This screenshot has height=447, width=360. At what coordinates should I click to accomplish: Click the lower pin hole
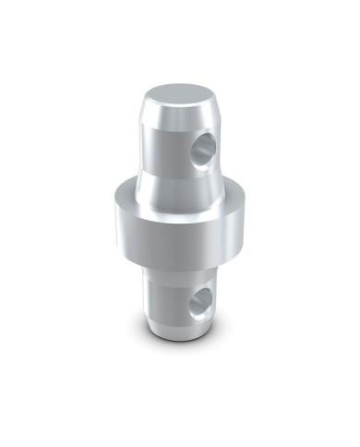199,301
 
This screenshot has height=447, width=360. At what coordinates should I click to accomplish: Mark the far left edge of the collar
109,222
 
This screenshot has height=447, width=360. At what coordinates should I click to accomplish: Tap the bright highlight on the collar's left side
125,226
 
